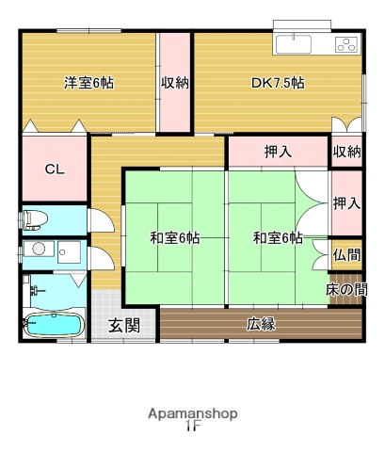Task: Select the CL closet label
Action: pyautogui.click(x=55, y=170)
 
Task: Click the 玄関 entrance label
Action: pyautogui.click(x=123, y=326)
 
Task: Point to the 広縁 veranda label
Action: pyautogui.click(x=261, y=325)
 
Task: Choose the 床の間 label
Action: pyautogui.click(x=346, y=289)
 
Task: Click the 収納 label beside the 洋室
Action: pyautogui.click(x=175, y=83)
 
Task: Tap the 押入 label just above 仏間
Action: pyautogui.click(x=345, y=202)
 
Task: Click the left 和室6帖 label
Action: pyautogui.click(x=174, y=237)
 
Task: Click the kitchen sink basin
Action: pyautogui.click(x=300, y=43)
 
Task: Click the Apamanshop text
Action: pyautogui.click(x=192, y=413)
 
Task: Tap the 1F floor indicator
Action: pyautogui.click(x=192, y=427)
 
